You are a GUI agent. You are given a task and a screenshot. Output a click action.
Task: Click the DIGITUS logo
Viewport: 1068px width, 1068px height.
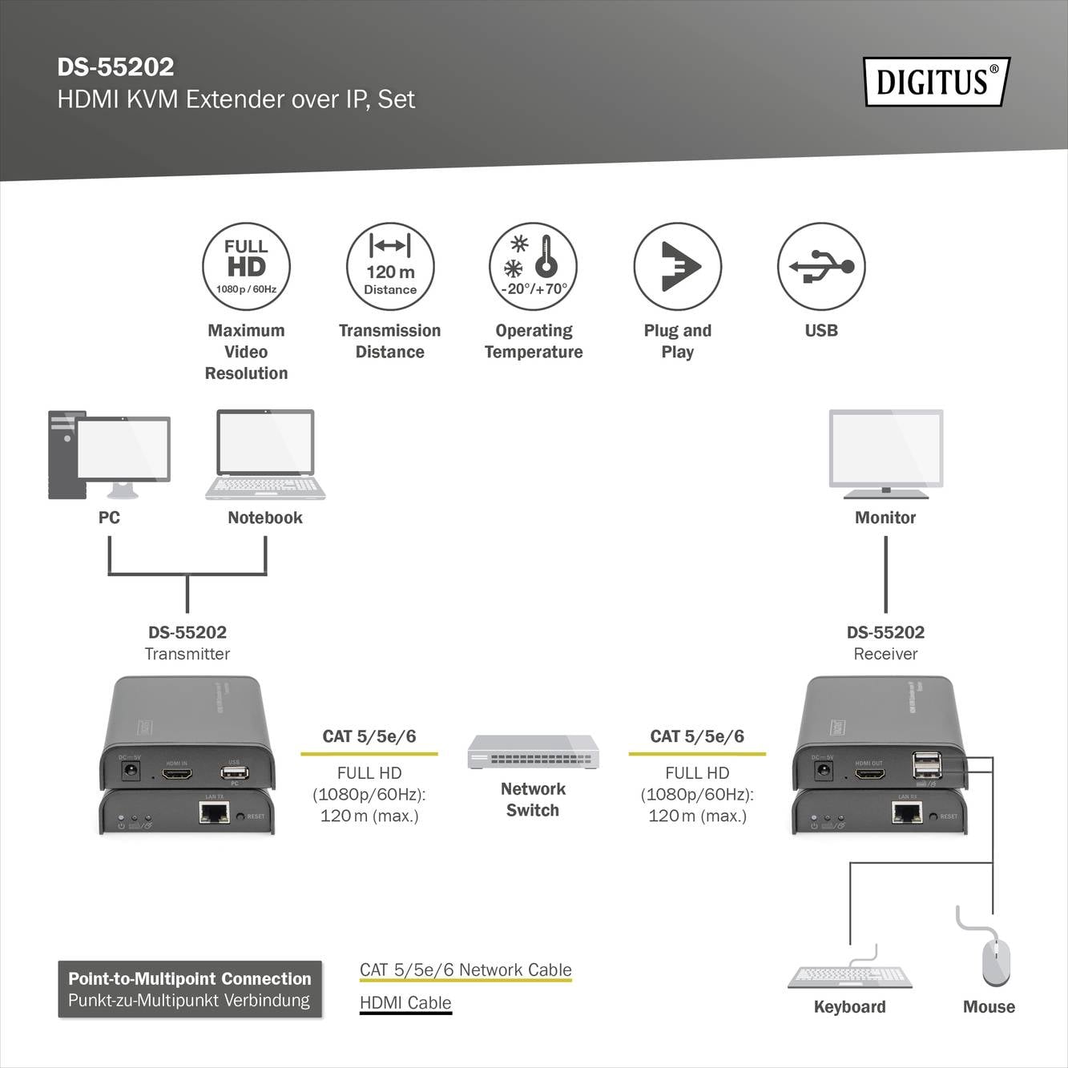click(x=936, y=82)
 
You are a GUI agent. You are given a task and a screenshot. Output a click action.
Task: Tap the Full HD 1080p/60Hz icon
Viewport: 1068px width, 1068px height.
click(x=246, y=267)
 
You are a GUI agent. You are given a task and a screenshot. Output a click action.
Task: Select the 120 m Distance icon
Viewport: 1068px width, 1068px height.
click(x=390, y=267)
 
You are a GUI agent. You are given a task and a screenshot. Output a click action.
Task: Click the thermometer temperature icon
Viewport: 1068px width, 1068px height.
click(x=534, y=267)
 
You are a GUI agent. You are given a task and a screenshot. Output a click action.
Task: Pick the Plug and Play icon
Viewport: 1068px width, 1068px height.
click(x=678, y=267)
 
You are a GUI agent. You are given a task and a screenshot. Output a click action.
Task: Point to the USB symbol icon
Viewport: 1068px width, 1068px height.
click(x=821, y=267)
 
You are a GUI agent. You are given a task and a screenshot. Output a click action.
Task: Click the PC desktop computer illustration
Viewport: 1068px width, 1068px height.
click(x=109, y=455)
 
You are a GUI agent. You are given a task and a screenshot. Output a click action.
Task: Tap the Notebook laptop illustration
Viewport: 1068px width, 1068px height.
click(x=265, y=455)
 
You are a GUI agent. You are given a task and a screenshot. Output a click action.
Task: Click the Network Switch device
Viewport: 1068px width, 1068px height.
click(x=533, y=752)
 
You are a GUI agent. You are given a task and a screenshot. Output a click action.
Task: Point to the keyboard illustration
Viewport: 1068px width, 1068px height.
click(x=850, y=975)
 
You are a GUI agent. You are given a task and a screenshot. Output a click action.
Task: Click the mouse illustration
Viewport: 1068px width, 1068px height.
click(x=996, y=961)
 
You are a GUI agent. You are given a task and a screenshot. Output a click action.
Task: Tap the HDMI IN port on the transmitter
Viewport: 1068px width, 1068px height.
click(x=177, y=775)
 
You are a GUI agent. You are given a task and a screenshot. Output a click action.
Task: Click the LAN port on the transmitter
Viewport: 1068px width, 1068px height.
click(x=214, y=813)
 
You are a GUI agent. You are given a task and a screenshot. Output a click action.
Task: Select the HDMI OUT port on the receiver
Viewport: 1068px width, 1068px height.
click(x=869, y=775)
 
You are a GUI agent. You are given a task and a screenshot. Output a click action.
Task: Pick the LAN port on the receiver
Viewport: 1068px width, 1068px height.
click(x=907, y=813)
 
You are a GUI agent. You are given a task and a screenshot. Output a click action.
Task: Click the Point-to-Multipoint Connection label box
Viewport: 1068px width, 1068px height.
click(x=190, y=989)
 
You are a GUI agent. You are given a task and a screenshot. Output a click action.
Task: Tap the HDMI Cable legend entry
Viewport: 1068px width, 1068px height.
click(x=405, y=1003)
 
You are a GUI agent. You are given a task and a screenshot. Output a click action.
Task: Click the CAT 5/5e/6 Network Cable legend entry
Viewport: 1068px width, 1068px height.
click(x=465, y=970)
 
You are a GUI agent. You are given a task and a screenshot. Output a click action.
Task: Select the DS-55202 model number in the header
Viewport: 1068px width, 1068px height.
click(x=115, y=67)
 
